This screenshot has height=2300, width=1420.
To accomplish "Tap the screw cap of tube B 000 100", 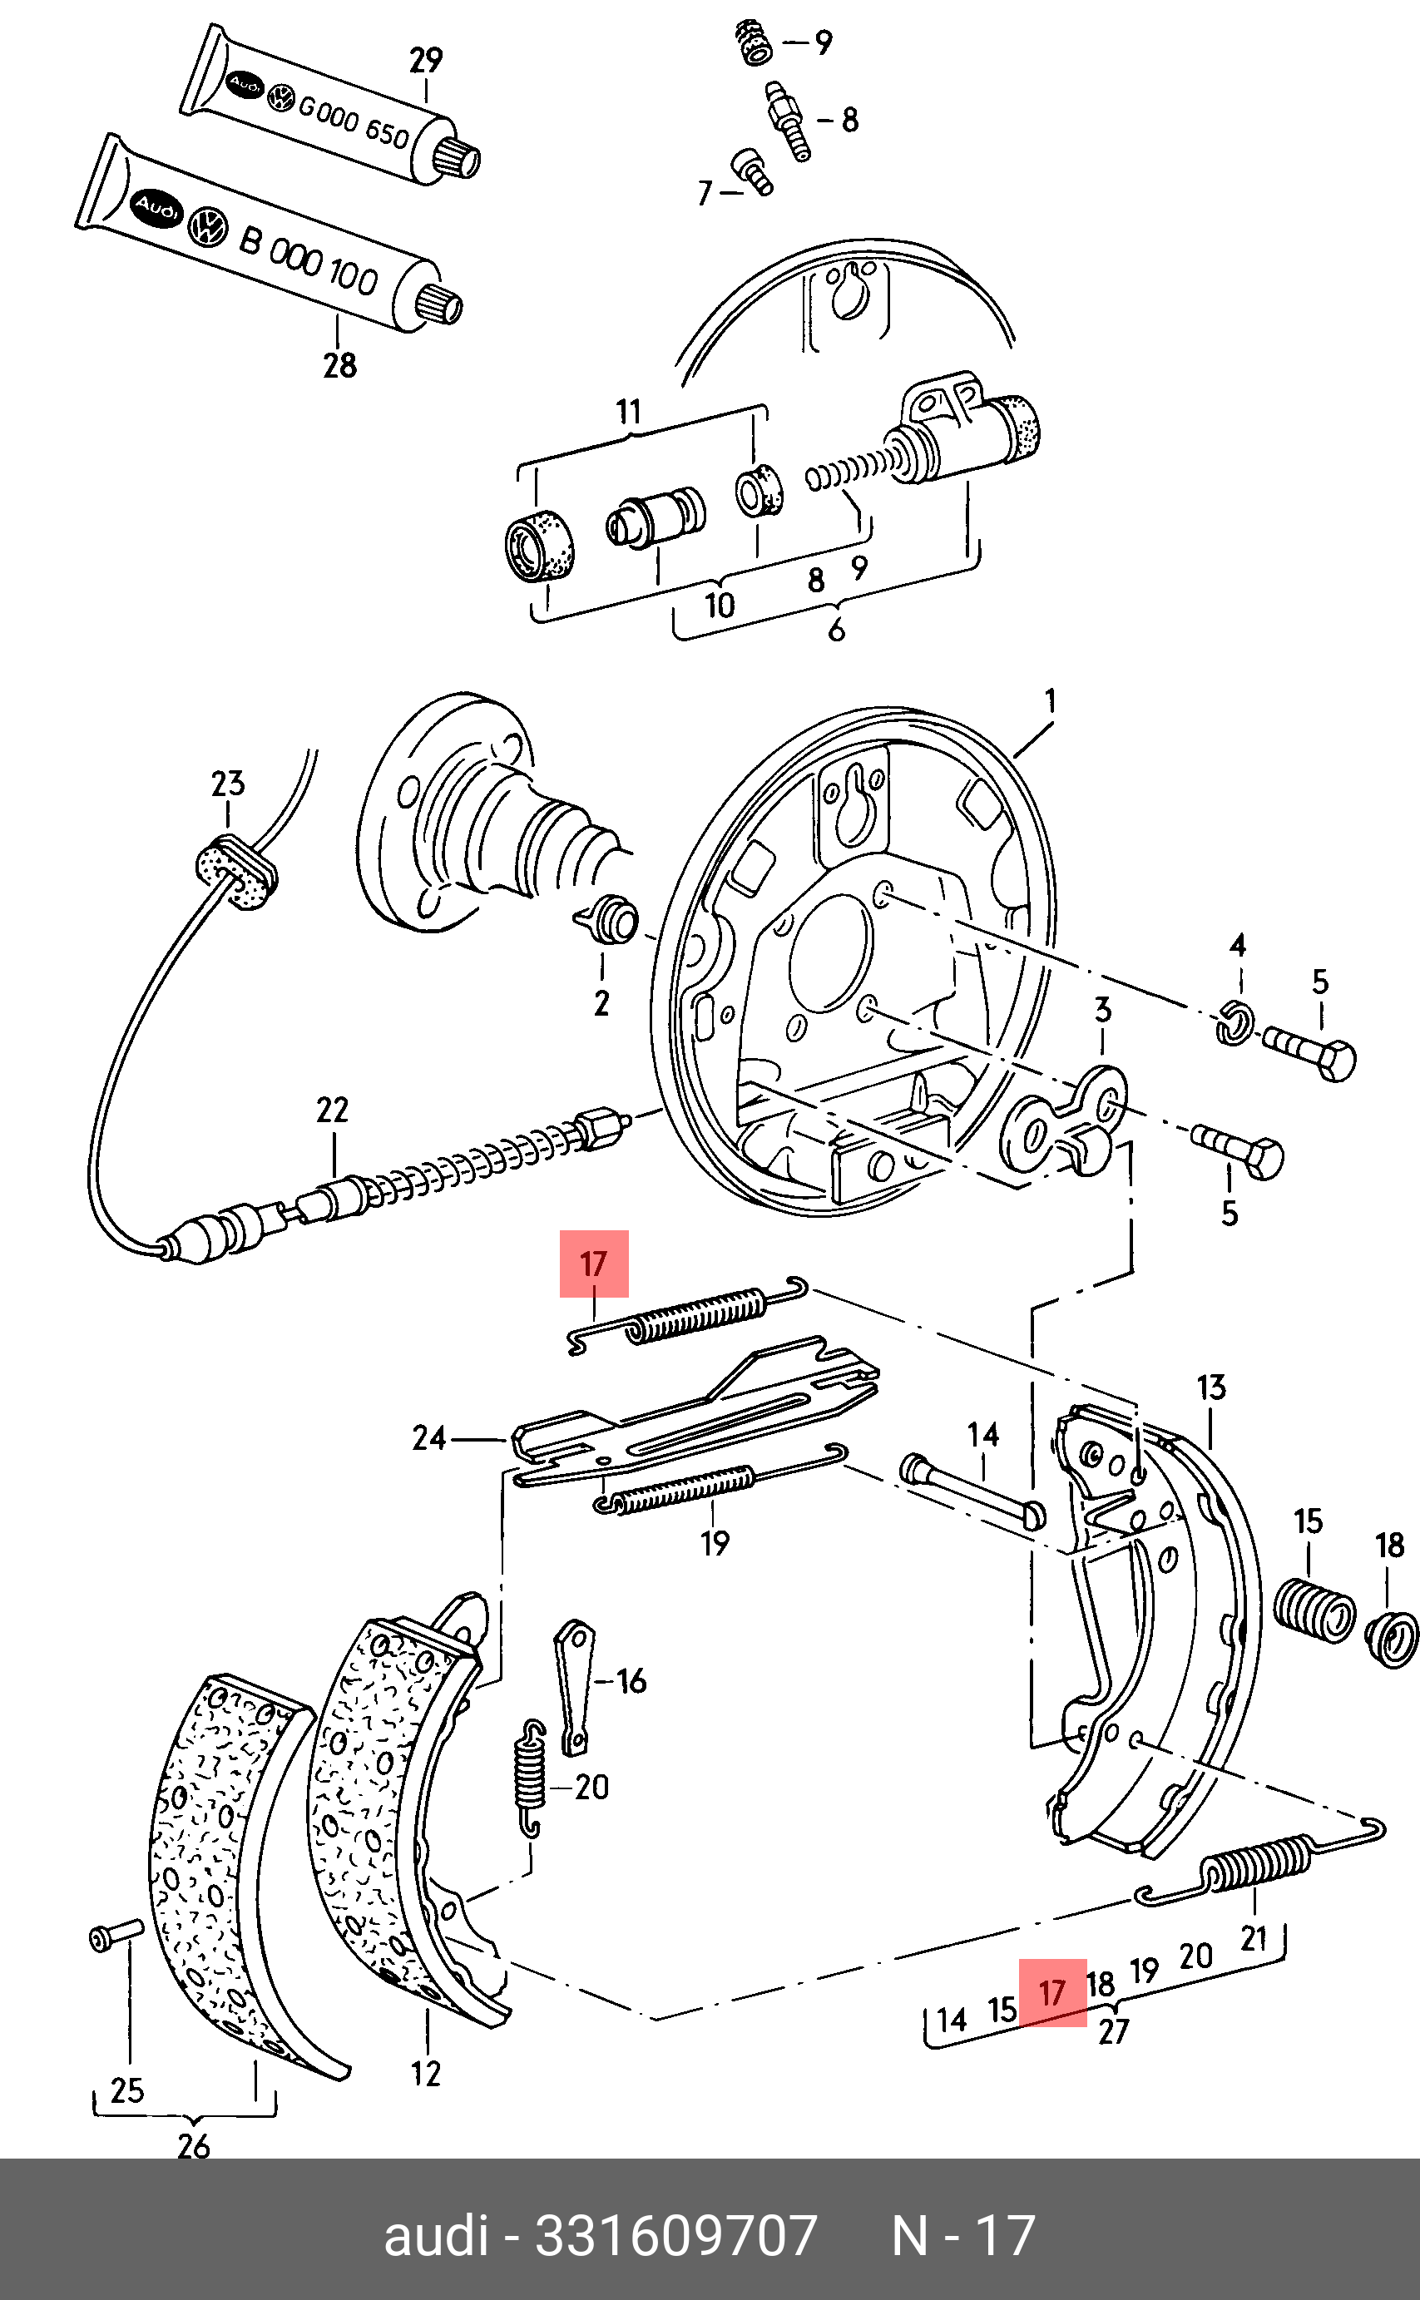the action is click(439, 304).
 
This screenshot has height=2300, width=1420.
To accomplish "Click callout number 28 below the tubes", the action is click(340, 364).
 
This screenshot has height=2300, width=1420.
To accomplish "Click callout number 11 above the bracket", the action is click(628, 413).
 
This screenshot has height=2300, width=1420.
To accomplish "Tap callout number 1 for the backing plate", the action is click(1051, 701).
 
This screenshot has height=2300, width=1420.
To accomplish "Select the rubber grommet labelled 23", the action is click(235, 873).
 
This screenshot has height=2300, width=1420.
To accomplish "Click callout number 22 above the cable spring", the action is click(333, 1110).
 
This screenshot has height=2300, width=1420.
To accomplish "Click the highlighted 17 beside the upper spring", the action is click(594, 1264).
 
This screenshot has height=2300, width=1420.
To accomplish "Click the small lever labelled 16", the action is click(573, 1687).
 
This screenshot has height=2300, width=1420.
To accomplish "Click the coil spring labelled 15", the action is click(1314, 1611).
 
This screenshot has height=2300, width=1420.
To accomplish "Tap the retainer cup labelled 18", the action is click(1391, 1639).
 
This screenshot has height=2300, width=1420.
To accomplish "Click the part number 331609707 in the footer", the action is click(676, 2236).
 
